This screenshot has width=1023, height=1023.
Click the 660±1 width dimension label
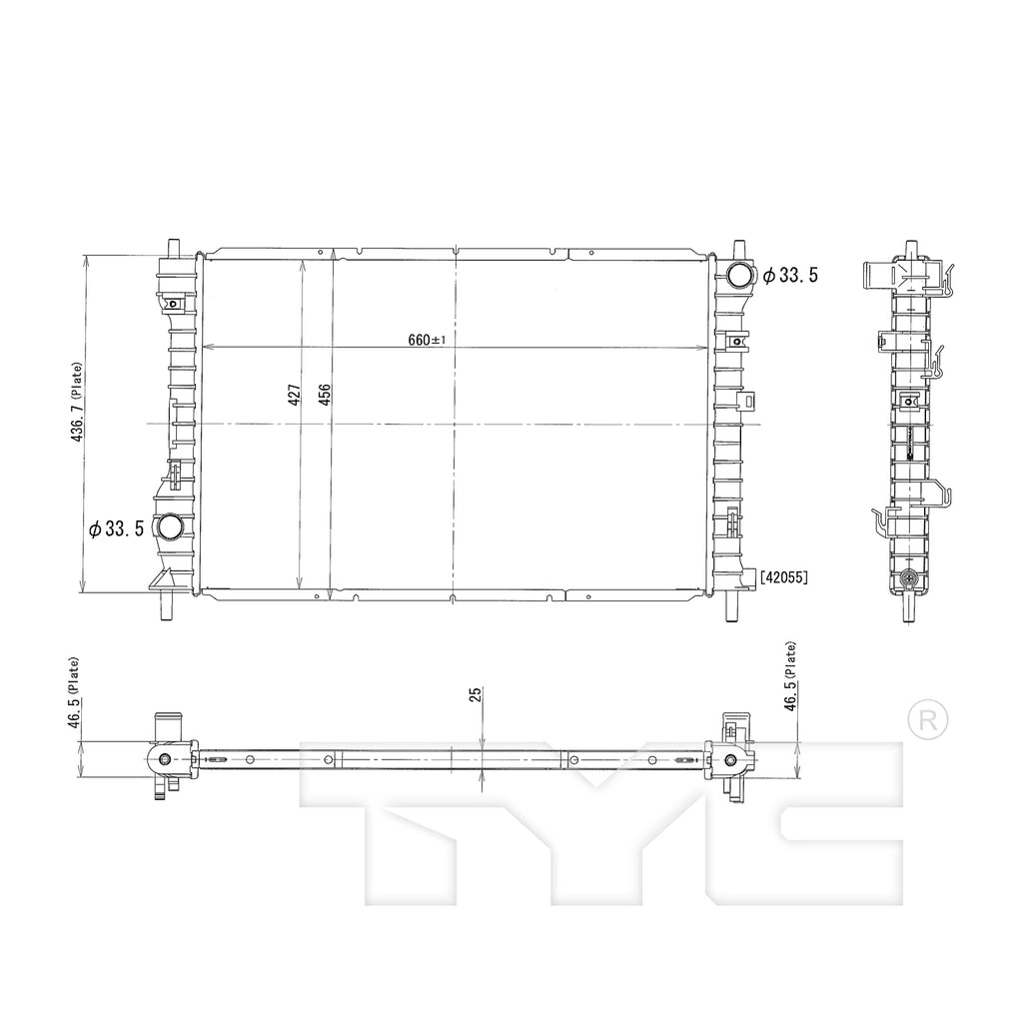(x=427, y=340)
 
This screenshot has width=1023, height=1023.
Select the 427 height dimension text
(x=295, y=395)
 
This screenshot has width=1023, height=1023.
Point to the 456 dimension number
(x=325, y=395)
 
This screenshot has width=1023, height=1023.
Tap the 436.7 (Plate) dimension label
(x=77, y=403)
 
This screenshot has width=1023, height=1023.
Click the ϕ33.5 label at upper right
(x=790, y=276)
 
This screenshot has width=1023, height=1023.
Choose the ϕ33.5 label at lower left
(x=116, y=528)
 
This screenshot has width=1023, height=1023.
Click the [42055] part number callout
(x=783, y=577)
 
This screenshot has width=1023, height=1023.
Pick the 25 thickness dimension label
(x=476, y=694)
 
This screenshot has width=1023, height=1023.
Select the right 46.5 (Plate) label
(x=790, y=676)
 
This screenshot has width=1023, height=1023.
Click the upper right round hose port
(x=740, y=275)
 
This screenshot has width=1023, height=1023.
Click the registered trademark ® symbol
(x=928, y=720)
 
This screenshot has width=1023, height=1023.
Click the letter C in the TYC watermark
(x=828, y=823)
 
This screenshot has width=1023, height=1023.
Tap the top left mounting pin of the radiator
(x=173, y=249)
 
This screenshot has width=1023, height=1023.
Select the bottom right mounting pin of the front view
(x=731, y=606)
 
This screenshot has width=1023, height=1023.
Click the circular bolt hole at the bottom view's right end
(x=730, y=760)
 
